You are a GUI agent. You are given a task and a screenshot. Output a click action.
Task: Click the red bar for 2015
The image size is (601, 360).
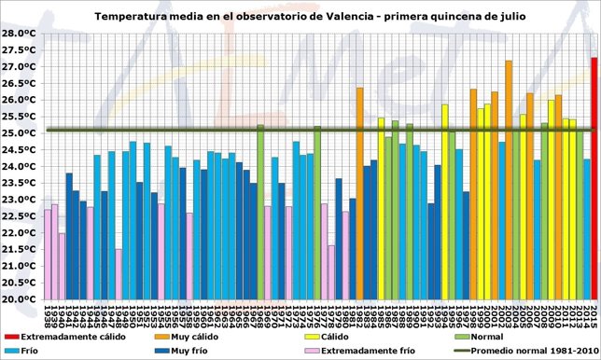(594, 177)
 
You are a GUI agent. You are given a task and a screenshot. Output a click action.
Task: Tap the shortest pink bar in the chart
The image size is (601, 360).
(119, 274)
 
